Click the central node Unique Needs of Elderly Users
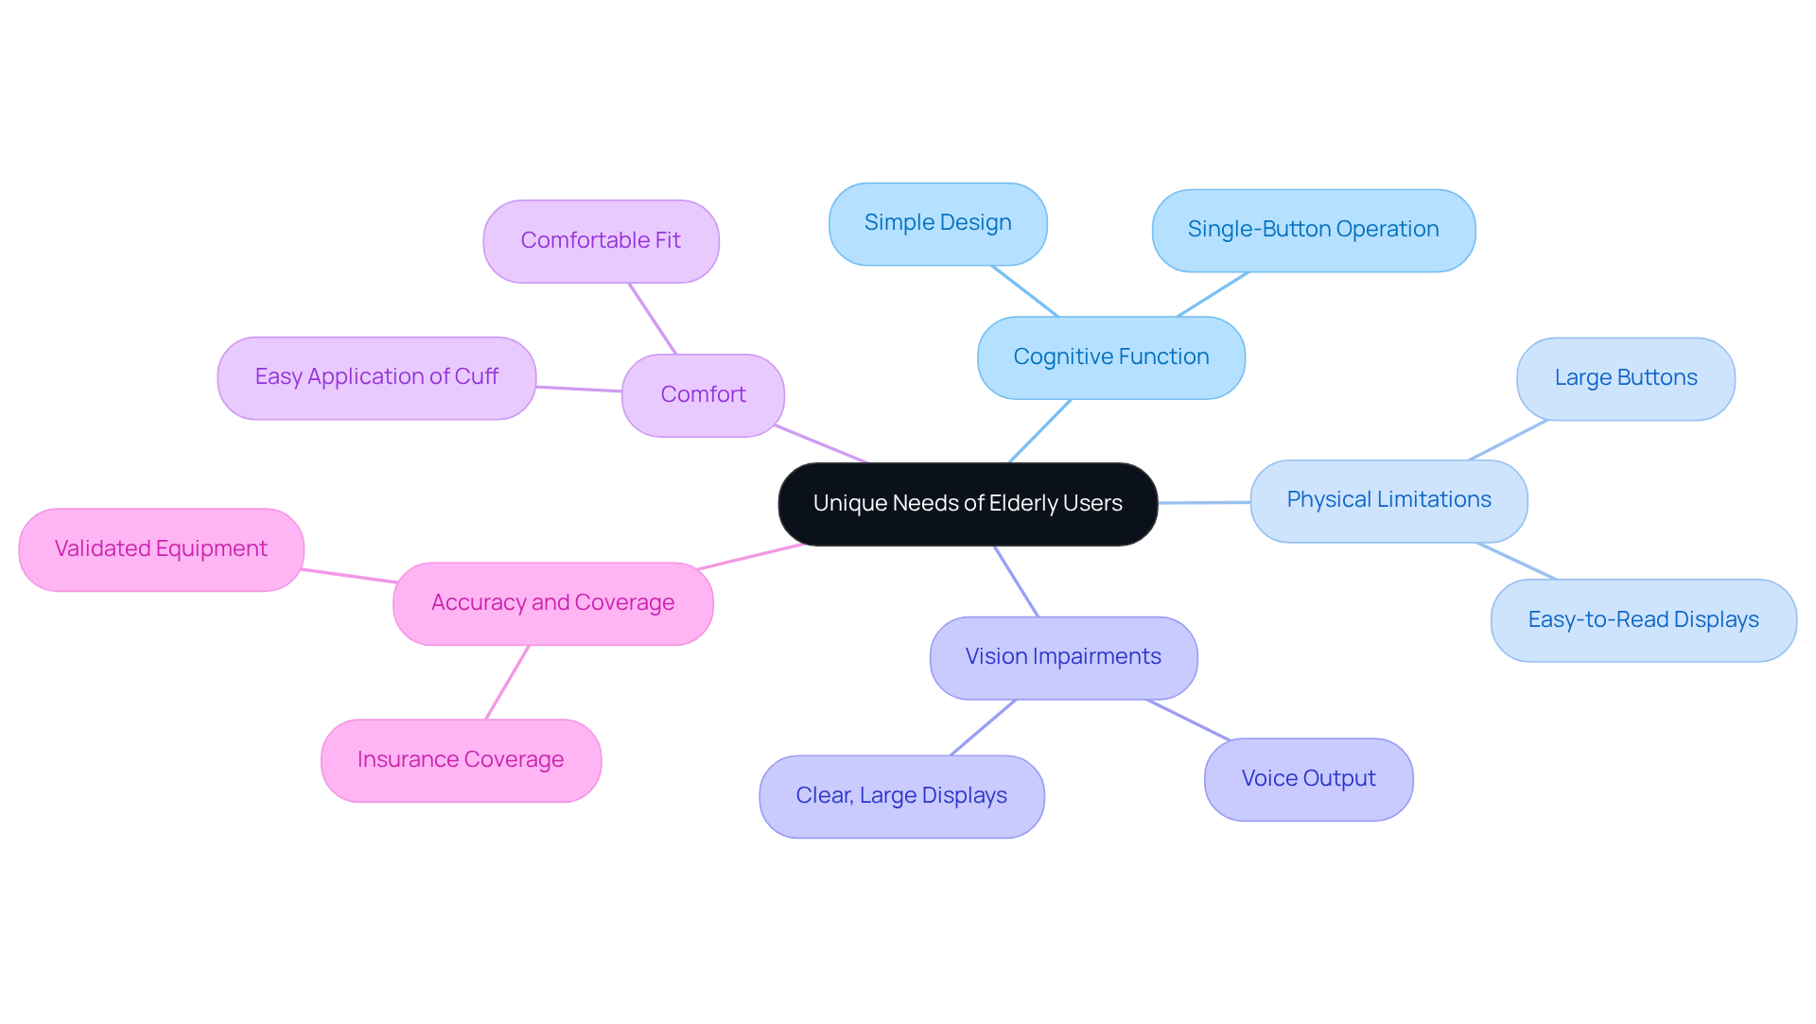pos(968,504)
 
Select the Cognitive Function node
pos(1110,357)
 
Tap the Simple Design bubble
pos(937,223)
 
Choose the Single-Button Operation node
pos(1313,230)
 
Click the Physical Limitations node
pos(1388,500)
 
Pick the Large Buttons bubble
pos(1625,378)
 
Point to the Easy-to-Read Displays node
pos(1643,620)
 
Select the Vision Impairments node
pos(1063,657)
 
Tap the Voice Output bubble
pos(1308,779)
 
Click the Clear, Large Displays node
pos(900,796)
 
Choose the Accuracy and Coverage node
pos(552,603)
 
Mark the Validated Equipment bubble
pos(161,549)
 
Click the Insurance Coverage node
pos(461,760)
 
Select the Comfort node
pos(703,395)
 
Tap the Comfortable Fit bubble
pos(601,241)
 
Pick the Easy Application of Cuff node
pos(376,377)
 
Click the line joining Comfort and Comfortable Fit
pos(653,319)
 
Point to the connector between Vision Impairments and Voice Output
pos(1188,720)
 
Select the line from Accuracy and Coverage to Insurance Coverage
pos(507,683)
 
